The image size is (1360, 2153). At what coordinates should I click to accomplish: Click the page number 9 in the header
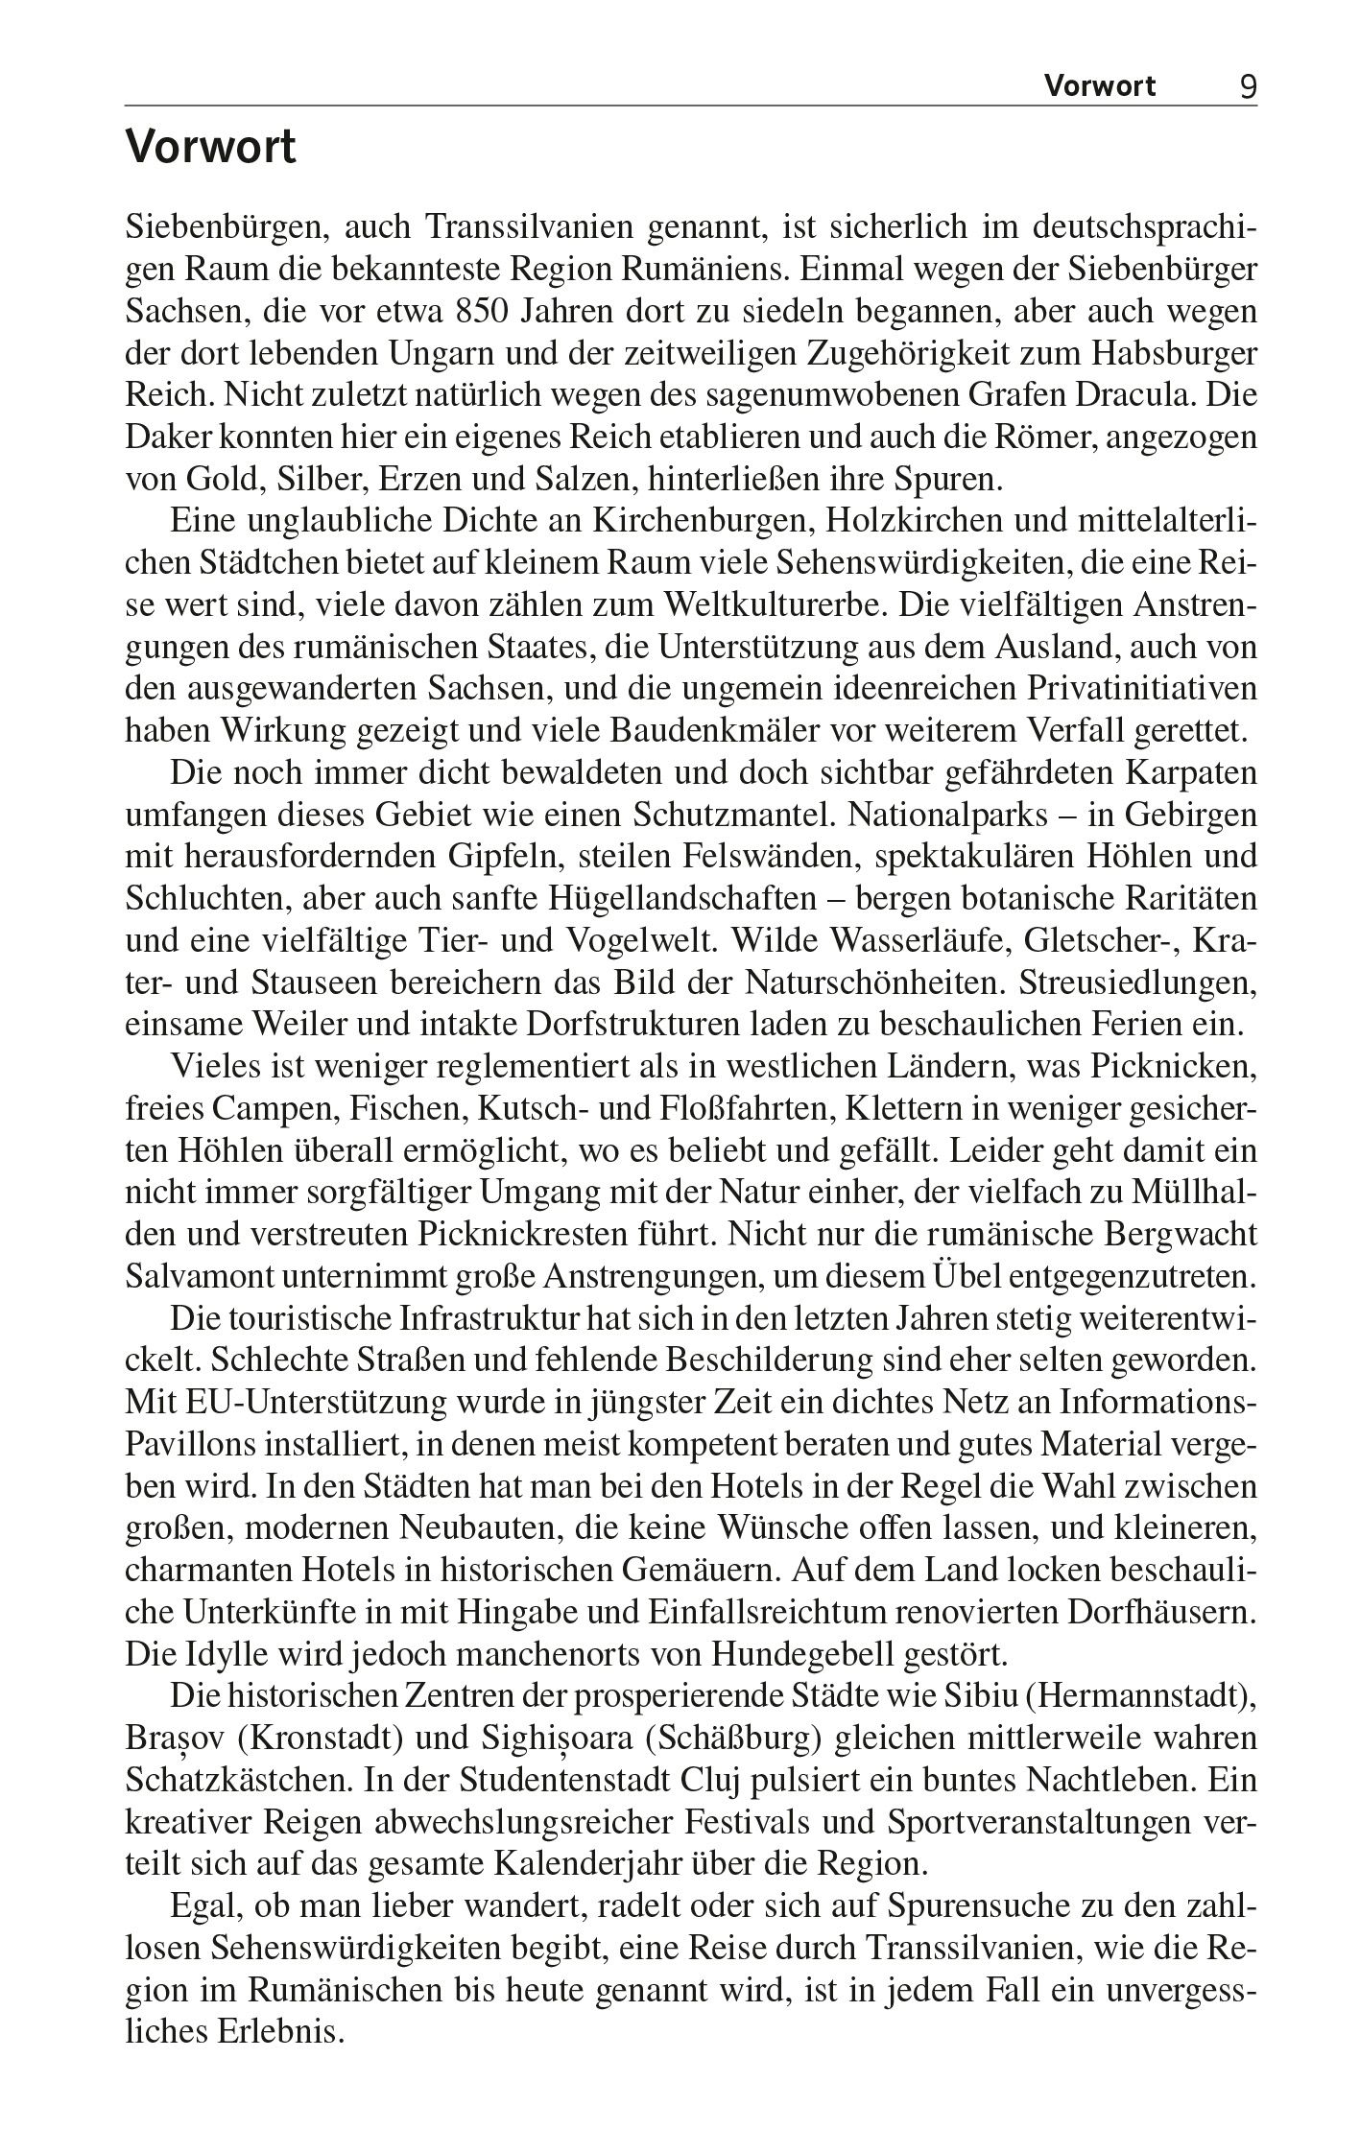click(1247, 87)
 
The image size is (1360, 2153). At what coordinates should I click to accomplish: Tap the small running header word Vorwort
click(1100, 87)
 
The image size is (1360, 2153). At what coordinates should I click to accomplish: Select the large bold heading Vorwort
click(211, 150)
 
